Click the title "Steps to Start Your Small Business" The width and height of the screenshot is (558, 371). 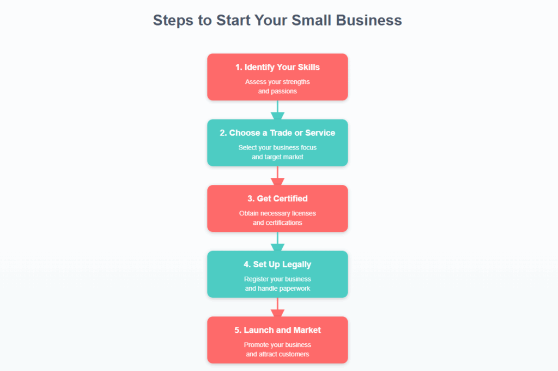click(277, 21)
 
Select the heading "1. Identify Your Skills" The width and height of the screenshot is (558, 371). click(277, 67)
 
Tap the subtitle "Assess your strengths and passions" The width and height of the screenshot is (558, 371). click(277, 86)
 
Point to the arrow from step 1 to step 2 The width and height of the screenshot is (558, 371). click(277, 110)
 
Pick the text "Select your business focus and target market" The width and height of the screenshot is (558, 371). click(277, 152)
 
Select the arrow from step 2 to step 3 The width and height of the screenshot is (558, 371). click(277, 176)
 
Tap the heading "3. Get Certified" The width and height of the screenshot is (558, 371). click(277, 199)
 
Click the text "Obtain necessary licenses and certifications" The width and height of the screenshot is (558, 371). click(277, 218)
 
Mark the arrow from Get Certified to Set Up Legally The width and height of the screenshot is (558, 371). click(277, 242)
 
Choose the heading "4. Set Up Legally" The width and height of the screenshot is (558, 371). click(277, 265)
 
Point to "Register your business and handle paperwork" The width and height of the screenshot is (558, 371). click(277, 283)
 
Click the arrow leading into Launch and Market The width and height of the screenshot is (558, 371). click(277, 307)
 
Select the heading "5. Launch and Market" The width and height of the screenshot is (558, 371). click(277, 330)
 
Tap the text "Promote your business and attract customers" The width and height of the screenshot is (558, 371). click(277, 349)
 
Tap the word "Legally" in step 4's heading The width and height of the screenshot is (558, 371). click(296, 265)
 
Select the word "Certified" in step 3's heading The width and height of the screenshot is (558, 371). click(290, 199)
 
